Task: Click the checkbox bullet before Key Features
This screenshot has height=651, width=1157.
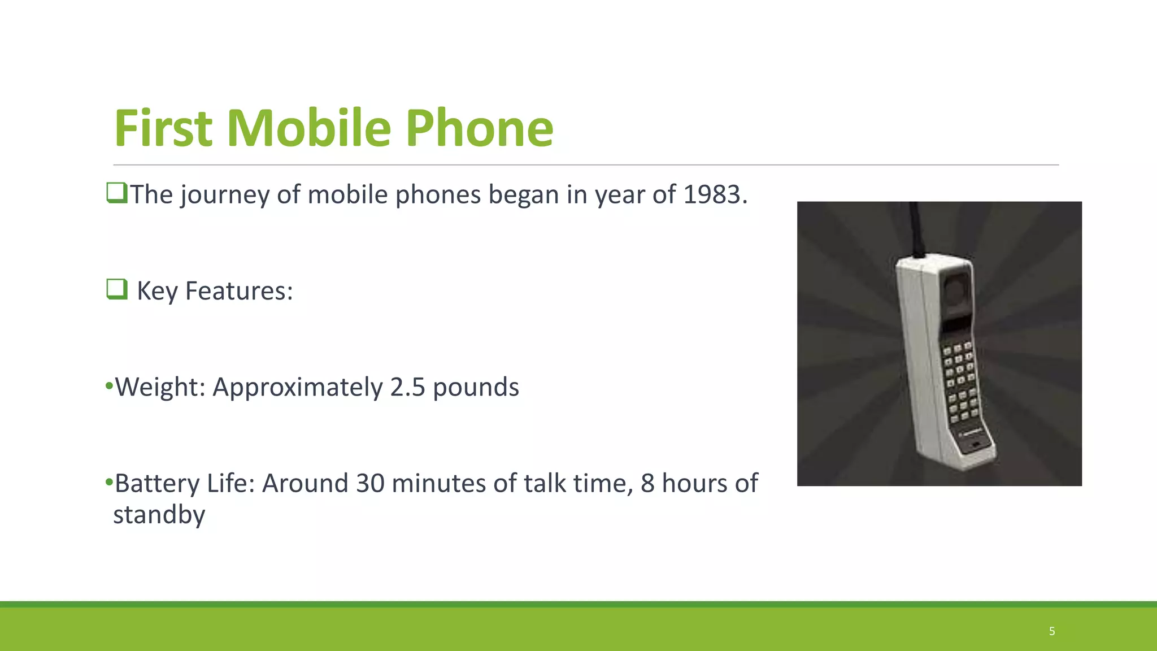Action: pyautogui.click(x=117, y=289)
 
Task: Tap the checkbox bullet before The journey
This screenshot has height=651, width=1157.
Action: pyautogui.click(x=116, y=193)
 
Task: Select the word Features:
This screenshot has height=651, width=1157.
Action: pyautogui.click(x=239, y=291)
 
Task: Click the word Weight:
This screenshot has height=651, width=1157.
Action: pyautogui.click(x=160, y=388)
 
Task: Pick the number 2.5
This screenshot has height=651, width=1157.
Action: pyautogui.click(x=407, y=388)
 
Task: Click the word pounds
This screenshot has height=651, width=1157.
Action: pyautogui.click(x=476, y=388)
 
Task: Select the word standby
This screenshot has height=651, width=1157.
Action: pyautogui.click(x=159, y=515)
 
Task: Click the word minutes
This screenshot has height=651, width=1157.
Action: pyautogui.click(x=438, y=484)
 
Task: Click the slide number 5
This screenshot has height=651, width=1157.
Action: pyautogui.click(x=1052, y=631)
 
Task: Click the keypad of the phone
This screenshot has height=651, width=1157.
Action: pyautogui.click(x=960, y=381)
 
